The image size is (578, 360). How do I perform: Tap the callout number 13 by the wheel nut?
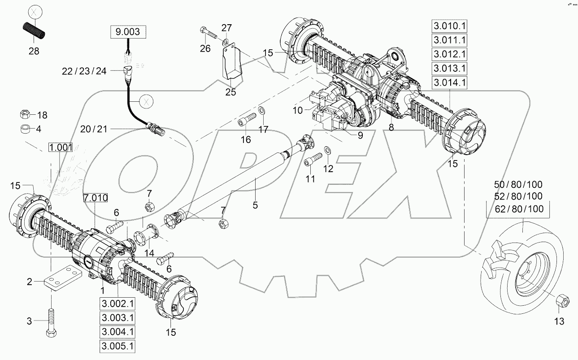[558, 321]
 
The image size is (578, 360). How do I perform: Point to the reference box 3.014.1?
[449, 83]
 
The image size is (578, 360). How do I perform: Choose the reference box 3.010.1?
[449, 25]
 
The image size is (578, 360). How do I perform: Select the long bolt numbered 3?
[51, 321]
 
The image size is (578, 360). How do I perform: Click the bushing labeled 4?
[24, 129]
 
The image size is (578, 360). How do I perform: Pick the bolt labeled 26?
[207, 33]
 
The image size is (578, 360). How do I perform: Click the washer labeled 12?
[328, 149]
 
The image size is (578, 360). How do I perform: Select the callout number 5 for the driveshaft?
[255, 205]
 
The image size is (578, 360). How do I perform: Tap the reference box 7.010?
[95, 198]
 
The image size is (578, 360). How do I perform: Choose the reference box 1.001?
[61, 147]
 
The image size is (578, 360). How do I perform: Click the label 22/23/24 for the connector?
[84, 71]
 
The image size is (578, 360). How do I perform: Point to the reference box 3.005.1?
[117, 346]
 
